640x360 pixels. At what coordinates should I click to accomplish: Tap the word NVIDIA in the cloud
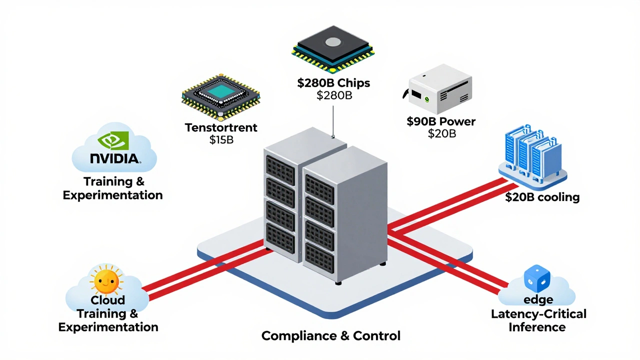click(114, 158)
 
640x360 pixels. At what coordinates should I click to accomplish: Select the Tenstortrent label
click(221, 127)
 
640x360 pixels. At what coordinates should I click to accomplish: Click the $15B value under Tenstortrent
click(221, 140)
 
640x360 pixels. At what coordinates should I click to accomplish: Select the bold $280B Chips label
click(333, 83)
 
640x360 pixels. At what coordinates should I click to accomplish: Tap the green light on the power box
click(426, 98)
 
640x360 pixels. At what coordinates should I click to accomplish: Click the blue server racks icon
click(532, 152)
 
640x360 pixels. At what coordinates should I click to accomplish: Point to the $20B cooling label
click(542, 197)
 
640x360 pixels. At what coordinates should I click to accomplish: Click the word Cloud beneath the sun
click(107, 300)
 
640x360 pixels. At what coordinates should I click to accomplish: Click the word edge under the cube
click(538, 300)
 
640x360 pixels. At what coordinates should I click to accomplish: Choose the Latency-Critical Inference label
click(538, 320)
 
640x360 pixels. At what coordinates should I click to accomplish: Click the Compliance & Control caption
click(331, 335)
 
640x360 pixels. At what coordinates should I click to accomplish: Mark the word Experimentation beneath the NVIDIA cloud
click(112, 195)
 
